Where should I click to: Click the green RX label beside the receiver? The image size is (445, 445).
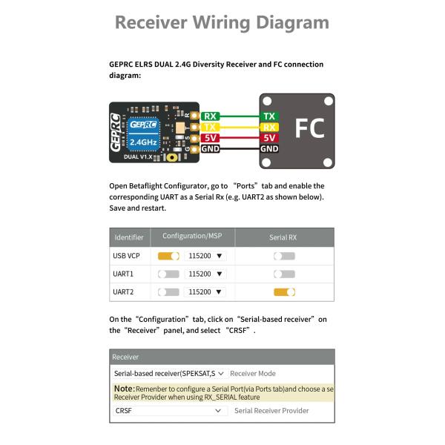[211, 116]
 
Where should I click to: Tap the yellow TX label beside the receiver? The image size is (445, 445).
[211, 128]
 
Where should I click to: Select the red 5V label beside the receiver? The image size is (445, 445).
[211, 138]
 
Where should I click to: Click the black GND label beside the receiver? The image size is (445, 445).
[211, 149]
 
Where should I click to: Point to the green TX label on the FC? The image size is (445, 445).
[269, 116]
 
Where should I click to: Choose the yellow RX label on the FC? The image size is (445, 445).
[269, 128]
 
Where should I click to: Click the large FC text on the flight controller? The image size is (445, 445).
[309, 128]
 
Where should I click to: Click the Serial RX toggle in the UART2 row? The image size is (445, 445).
[284, 292]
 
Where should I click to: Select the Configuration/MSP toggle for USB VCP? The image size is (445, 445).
[168, 256]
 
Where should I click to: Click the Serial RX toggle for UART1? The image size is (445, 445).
[284, 274]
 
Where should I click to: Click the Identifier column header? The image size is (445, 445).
[128, 237]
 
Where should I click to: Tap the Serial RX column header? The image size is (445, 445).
[283, 237]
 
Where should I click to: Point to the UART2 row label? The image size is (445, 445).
[123, 292]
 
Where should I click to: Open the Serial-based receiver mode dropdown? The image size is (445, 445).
[169, 374]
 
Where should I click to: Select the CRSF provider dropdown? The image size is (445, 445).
[169, 410]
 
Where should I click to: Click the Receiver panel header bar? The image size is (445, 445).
[222, 357]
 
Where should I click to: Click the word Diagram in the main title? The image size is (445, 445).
[282, 22]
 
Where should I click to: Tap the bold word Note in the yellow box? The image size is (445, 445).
[124, 389]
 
